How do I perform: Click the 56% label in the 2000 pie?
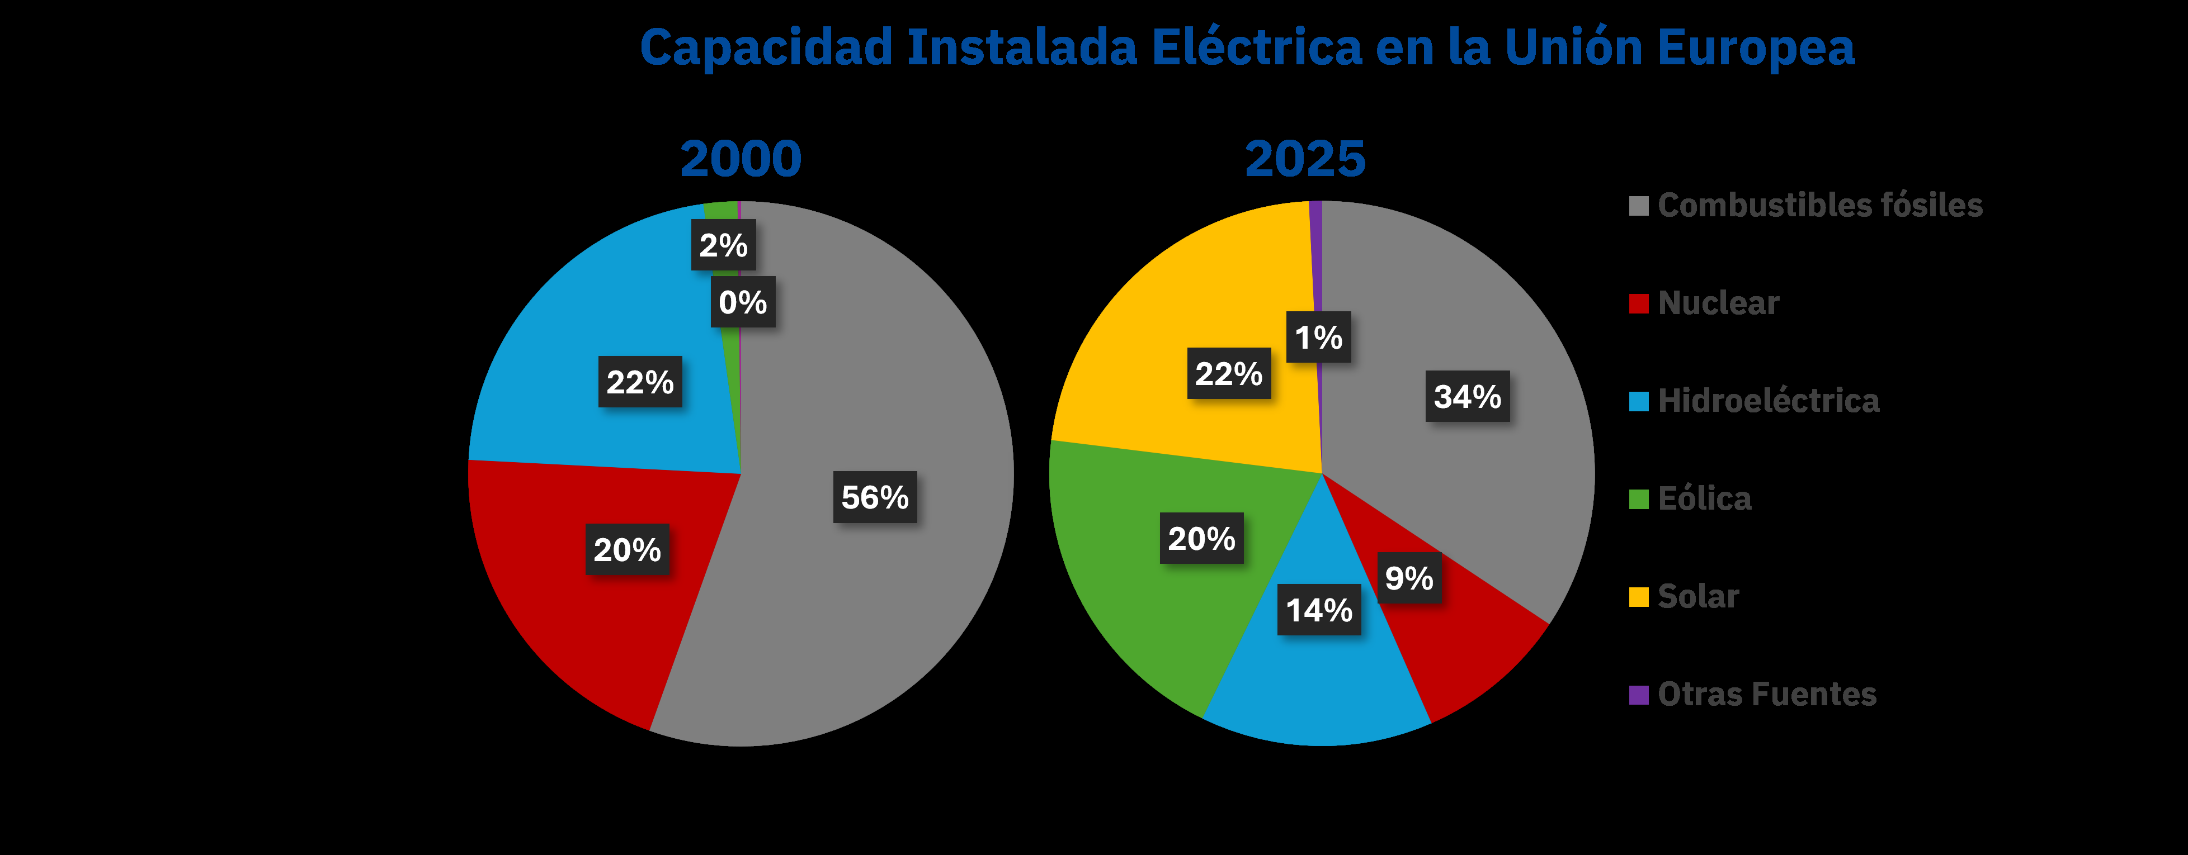point(874,497)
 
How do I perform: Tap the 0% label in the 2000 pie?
point(742,302)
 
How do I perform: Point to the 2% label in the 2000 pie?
point(723,245)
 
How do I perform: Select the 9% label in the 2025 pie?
point(1409,578)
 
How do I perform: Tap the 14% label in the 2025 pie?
point(1319,610)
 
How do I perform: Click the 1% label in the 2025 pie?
point(1318,337)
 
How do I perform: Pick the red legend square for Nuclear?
point(1638,303)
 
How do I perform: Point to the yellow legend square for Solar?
point(1638,597)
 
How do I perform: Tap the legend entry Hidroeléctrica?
point(1769,401)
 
